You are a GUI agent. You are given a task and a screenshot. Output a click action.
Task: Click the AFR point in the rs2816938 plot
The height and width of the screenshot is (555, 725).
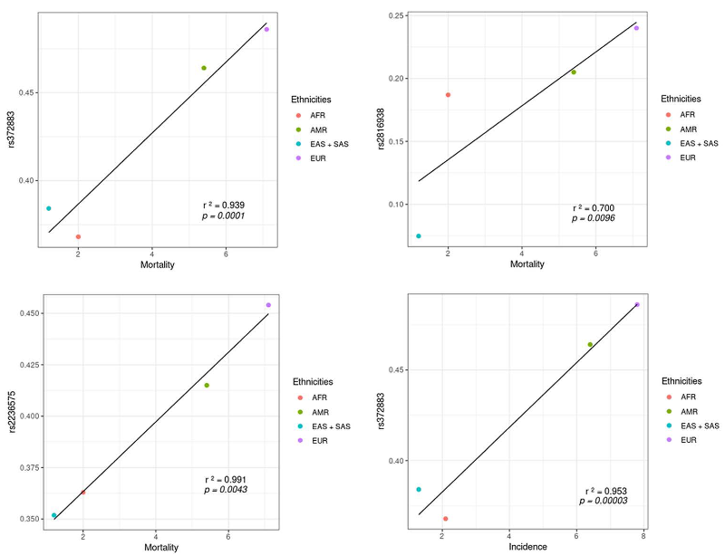click(x=448, y=95)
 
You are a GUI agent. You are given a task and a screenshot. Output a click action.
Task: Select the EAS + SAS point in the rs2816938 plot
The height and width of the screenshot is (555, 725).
click(x=418, y=236)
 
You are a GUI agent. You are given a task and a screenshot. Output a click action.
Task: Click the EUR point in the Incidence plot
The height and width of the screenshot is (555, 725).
click(x=637, y=304)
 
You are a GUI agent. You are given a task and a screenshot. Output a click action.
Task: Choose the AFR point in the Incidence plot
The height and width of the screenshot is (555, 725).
click(x=445, y=519)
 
